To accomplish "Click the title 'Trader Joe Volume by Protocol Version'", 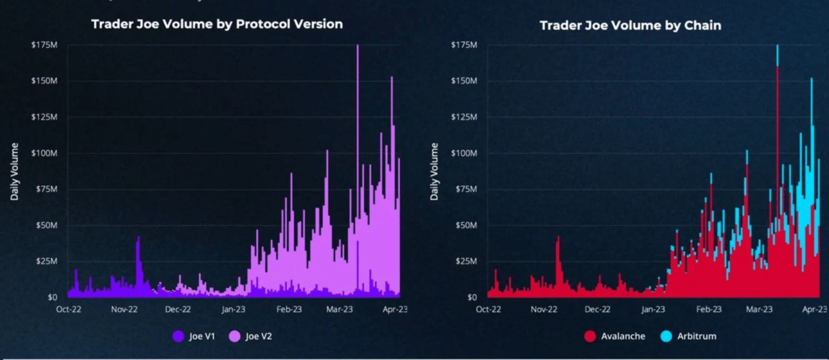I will coord(216,24).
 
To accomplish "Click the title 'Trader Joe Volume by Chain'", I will coord(630,25).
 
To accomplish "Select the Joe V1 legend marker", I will coord(178,336).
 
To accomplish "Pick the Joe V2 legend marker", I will coord(235,336).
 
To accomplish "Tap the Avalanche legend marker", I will coord(590,336).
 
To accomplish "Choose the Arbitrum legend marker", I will coord(667,336).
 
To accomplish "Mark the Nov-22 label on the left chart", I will coord(124,309).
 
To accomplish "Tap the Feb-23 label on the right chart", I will coord(709,309).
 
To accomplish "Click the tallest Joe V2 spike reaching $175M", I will coord(357,49).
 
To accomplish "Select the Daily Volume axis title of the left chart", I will coord(15,171).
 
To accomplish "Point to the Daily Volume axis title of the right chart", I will coord(434,171).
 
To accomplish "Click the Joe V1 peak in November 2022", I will coord(139,237).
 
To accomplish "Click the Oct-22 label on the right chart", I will coord(488,309).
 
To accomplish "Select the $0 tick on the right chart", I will coord(472,297).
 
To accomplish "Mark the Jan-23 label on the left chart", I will coord(233,309).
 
